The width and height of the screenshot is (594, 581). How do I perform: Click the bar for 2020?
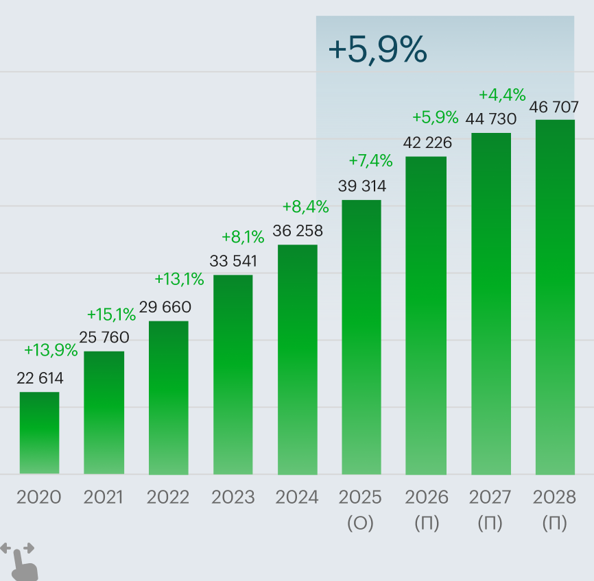39,432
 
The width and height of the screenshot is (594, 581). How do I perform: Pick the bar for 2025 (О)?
361,336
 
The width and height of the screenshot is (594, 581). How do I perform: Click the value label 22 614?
40,378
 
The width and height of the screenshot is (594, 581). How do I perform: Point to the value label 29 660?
165,307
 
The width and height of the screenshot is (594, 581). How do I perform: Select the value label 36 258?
298,231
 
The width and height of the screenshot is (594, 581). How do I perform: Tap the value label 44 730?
490,119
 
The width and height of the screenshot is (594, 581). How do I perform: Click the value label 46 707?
554,107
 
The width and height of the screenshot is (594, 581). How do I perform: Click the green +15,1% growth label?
111,314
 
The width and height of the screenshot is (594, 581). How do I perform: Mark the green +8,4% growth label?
306,206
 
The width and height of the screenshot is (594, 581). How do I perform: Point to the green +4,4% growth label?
502,94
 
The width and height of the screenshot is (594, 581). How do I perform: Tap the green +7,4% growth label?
370,161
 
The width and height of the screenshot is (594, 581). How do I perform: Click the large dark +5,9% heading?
377,49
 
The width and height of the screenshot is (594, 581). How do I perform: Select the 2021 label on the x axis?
104,497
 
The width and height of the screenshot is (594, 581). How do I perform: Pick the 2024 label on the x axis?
297,497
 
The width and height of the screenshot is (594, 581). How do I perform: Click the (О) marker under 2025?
360,523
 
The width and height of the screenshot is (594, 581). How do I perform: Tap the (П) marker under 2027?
490,523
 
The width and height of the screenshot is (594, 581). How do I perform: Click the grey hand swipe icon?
19,560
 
